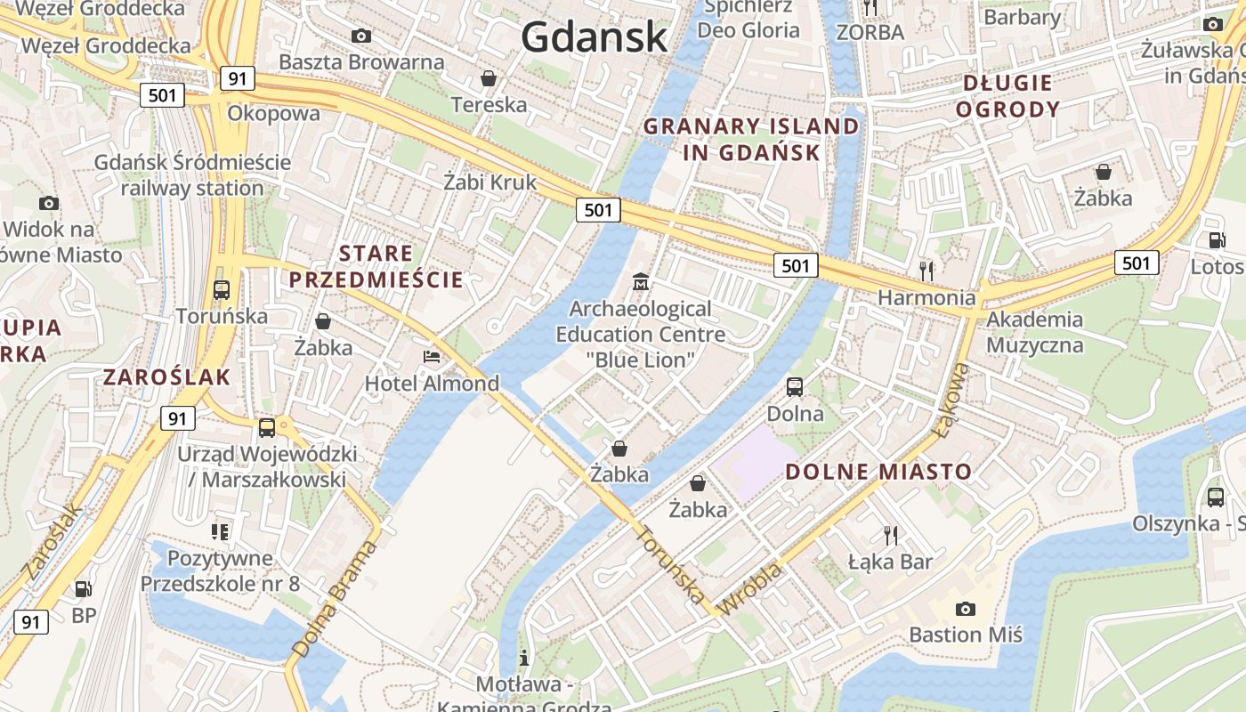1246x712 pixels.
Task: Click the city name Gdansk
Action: pyautogui.click(x=594, y=36)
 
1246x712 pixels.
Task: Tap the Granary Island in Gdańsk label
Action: pyautogui.click(x=751, y=139)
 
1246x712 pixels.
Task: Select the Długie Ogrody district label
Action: pyautogui.click(x=1011, y=96)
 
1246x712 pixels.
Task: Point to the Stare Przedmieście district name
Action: pyautogui.click(x=376, y=266)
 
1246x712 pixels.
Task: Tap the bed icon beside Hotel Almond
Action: pyautogui.click(x=432, y=358)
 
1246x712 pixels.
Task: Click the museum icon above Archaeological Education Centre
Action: pyautogui.click(x=640, y=283)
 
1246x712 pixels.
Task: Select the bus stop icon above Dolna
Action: pyautogui.click(x=795, y=387)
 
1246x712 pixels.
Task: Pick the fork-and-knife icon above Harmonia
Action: pyautogui.click(x=926, y=270)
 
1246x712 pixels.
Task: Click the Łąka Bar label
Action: pyautogui.click(x=889, y=562)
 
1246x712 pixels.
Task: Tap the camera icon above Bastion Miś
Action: pyautogui.click(x=965, y=609)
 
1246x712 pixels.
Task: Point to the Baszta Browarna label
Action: pyautogui.click(x=361, y=61)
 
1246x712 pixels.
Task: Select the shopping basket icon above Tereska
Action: pyautogui.click(x=489, y=78)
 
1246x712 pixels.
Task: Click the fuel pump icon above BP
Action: pyautogui.click(x=83, y=588)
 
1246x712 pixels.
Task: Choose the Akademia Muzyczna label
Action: pyautogui.click(x=1034, y=332)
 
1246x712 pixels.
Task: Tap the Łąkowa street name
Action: pyautogui.click(x=951, y=400)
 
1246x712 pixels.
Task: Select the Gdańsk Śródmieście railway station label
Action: pyautogui.click(x=192, y=175)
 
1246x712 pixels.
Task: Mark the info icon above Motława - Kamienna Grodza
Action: pyautogui.click(x=524, y=659)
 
